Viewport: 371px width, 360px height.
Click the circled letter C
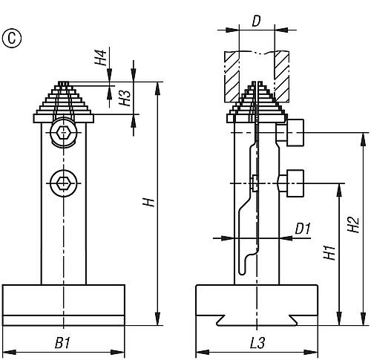click(12, 38)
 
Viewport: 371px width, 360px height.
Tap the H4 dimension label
click(101, 58)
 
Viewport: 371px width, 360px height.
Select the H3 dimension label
click(125, 98)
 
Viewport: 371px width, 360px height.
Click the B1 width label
click(62, 343)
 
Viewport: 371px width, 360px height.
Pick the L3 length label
click(257, 343)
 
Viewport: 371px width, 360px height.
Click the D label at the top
click(257, 22)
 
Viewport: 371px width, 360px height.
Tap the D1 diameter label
click(303, 228)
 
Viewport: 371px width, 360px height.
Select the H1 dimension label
click(330, 252)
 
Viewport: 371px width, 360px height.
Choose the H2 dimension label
click(353, 224)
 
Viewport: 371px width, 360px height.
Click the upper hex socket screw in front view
click(64, 133)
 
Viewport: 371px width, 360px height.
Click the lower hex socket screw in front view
click(64, 183)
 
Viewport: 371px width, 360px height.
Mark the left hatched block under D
click(232, 76)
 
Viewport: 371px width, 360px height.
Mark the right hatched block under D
click(282, 76)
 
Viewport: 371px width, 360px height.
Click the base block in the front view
click(64, 305)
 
